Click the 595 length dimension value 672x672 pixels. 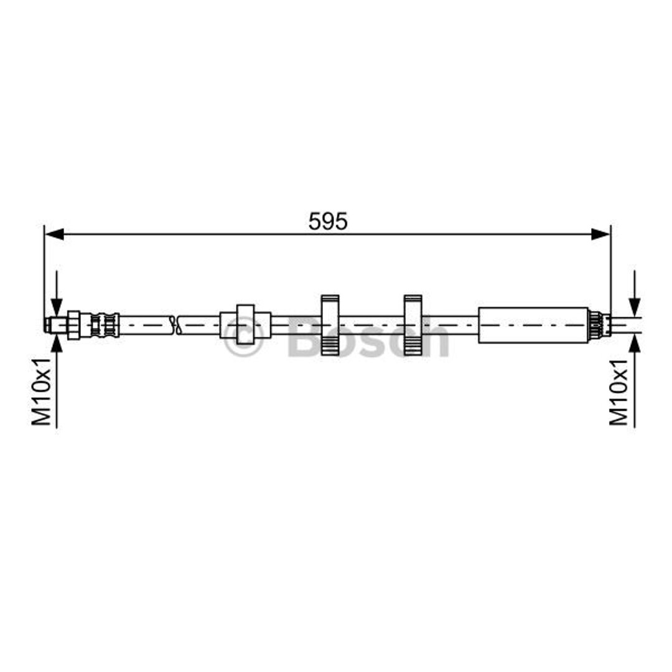(328, 222)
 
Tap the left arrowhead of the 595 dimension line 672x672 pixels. (54, 234)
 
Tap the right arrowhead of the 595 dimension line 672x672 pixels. (600, 234)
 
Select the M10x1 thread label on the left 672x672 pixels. (42, 392)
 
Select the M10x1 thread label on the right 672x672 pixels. (619, 392)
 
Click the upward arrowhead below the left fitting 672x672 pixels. (57, 342)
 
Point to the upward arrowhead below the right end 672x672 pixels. (635, 342)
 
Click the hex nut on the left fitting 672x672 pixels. (73, 325)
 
